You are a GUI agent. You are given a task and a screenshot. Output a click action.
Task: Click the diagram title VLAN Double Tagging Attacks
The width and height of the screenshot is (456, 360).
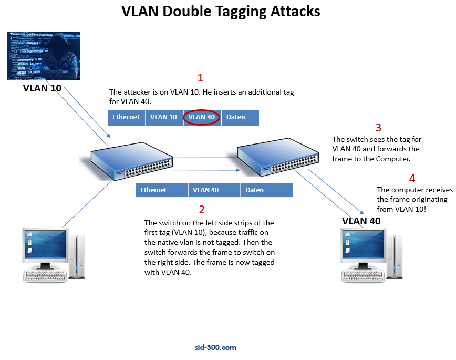click(221, 12)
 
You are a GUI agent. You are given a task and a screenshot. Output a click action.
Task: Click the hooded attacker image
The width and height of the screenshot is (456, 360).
click(44, 55)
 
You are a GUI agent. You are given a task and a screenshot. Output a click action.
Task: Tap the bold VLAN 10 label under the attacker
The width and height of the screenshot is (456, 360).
click(42, 88)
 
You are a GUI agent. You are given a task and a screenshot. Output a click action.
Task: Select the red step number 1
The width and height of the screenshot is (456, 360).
click(200, 78)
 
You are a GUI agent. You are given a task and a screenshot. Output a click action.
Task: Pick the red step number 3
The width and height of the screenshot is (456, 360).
click(378, 128)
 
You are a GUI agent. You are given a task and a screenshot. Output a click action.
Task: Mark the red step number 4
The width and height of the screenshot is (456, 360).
click(412, 178)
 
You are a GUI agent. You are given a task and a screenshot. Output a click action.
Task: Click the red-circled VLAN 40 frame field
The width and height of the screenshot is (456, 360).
click(202, 117)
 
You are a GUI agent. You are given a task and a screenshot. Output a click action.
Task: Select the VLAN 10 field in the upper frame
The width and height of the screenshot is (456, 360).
click(163, 117)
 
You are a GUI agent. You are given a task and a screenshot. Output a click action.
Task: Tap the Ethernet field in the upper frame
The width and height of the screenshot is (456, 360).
click(126, 117)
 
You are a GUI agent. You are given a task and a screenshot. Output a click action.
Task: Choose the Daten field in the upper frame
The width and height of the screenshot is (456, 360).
click(240, 117)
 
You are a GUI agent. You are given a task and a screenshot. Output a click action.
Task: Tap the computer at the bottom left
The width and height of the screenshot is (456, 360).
click(52, 255)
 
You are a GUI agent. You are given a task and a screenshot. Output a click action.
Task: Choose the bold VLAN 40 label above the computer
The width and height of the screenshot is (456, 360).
click(361, 221)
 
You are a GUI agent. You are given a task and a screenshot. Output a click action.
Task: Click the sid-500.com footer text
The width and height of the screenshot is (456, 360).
click(215, 347)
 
